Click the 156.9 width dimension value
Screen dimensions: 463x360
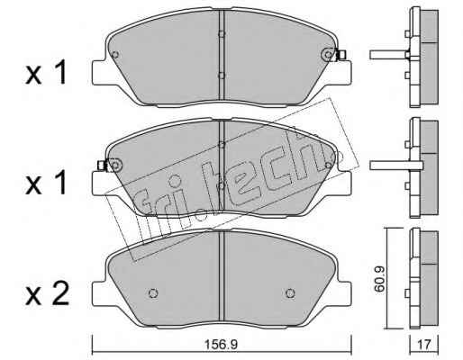click(221, 345)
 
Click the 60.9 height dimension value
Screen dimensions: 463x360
click(380, 278)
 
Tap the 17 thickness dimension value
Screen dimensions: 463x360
click(424, 345)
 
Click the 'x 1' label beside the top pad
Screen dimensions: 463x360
click(46, 72)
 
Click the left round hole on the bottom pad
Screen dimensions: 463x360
click(153, 293)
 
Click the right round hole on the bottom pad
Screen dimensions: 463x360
click(290, 293)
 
